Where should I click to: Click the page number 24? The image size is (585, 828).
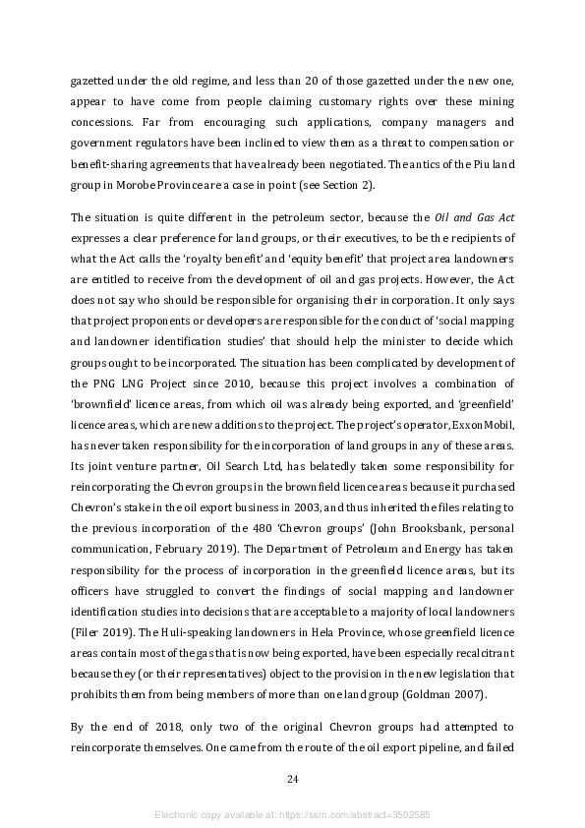coord(292,780)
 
